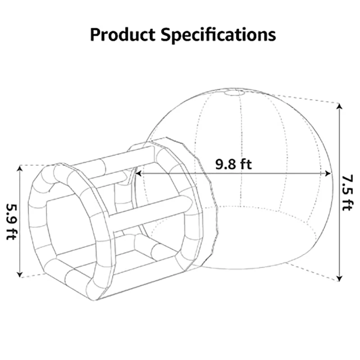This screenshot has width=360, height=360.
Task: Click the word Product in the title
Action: (123, 34)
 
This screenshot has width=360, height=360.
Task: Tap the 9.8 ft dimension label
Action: (233, 164)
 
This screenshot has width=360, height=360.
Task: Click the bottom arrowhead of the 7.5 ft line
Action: (339, 278)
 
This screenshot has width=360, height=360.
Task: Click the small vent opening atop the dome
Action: (234, 93)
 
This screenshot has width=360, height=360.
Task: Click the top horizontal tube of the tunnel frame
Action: (112, 161)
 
